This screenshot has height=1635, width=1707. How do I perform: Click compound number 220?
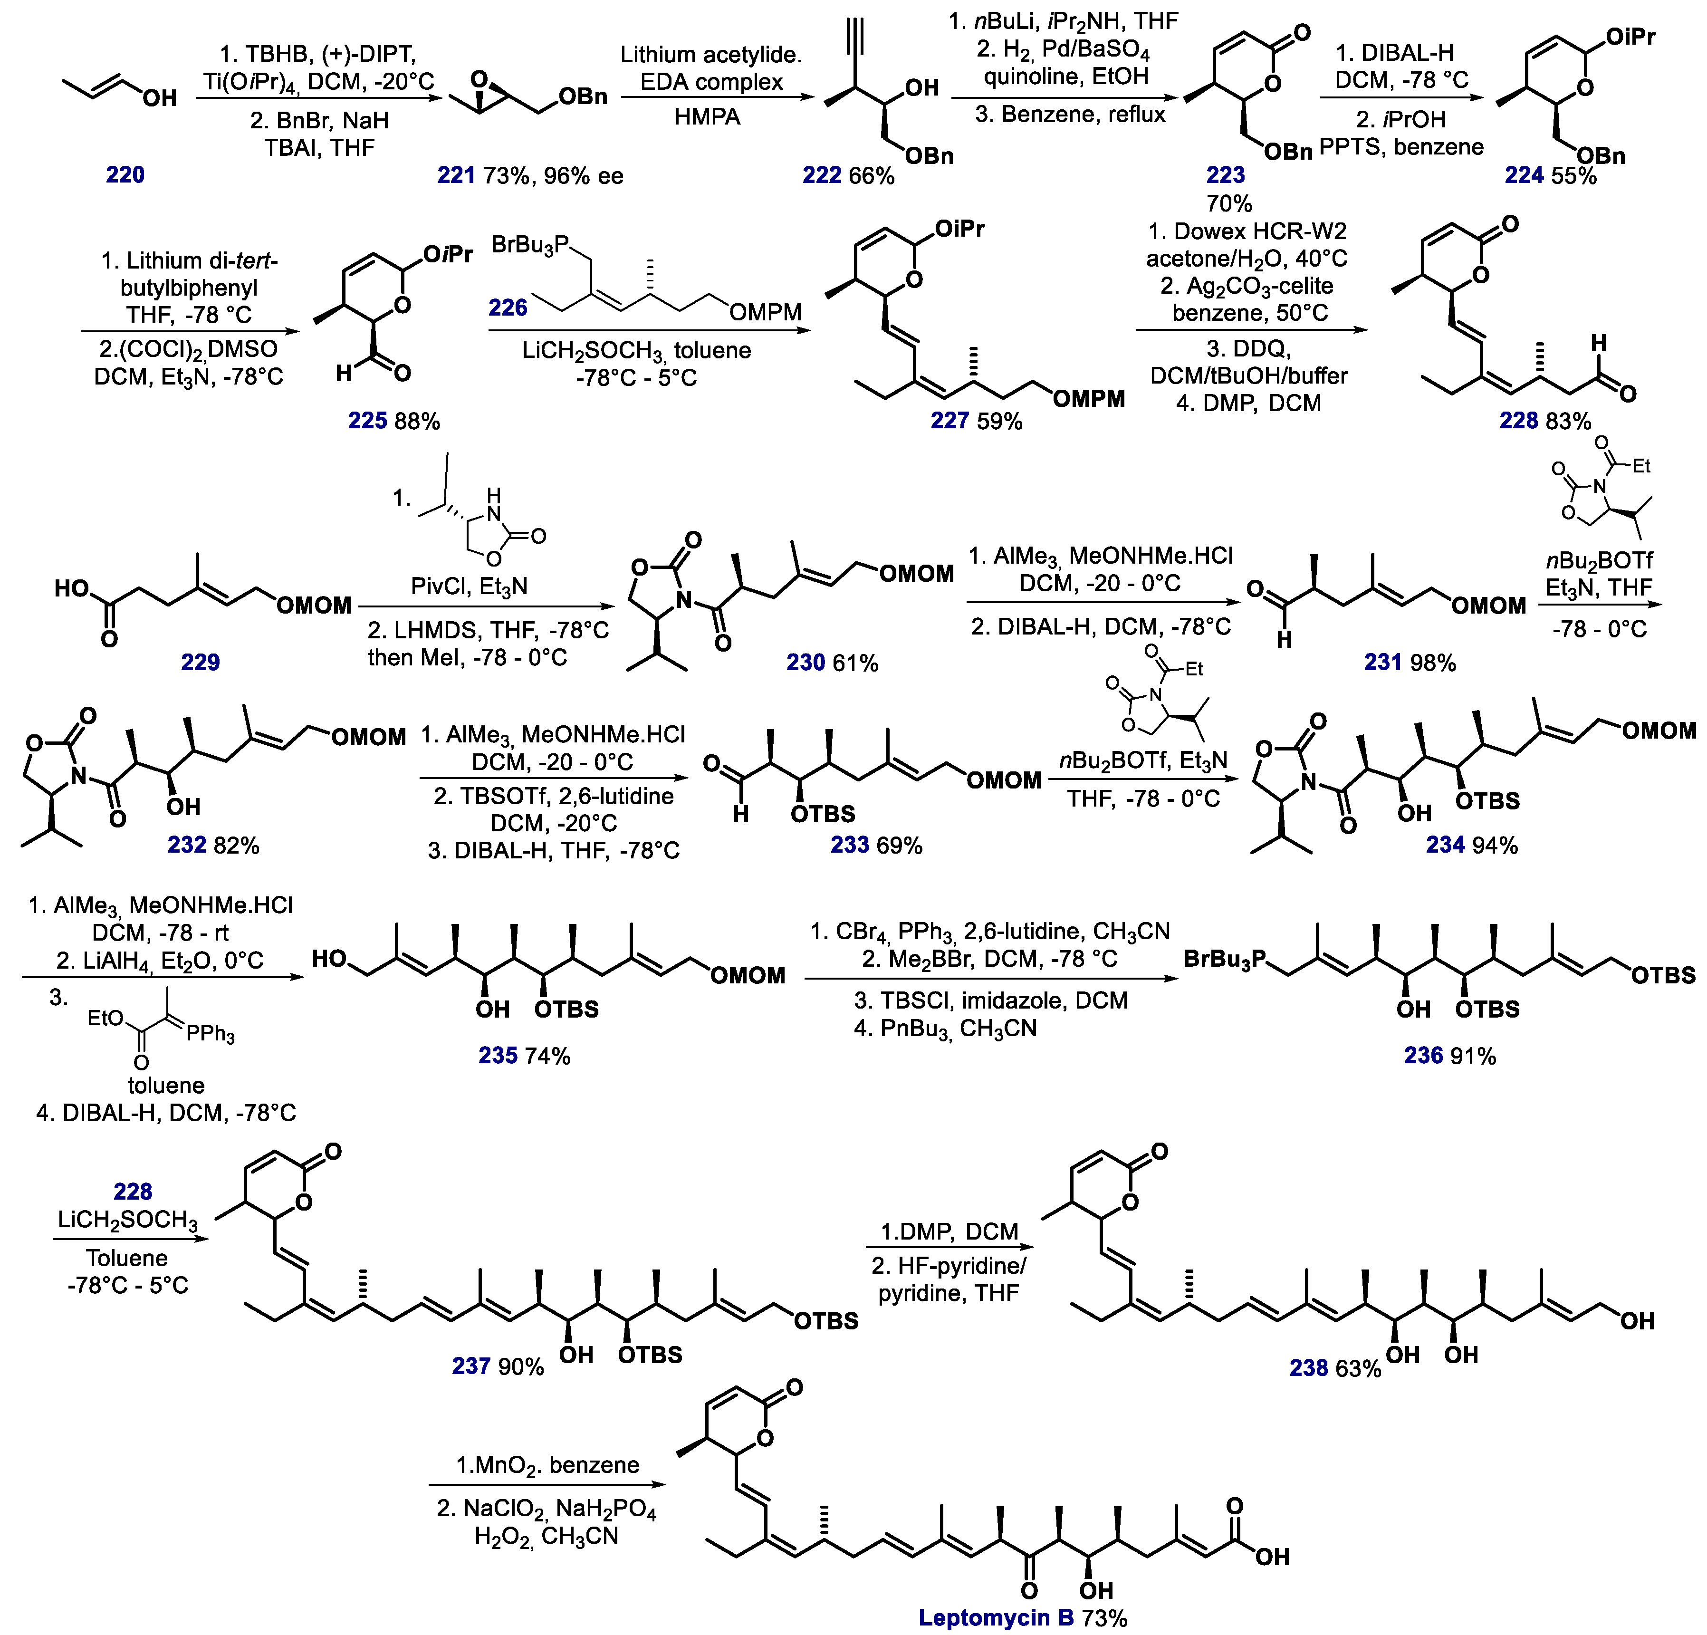coord(125,175)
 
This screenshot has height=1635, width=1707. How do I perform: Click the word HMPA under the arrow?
coord(707,117)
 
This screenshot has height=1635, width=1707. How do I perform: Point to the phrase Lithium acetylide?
coord(710,55)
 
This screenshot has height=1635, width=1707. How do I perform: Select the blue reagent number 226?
coord(508,308)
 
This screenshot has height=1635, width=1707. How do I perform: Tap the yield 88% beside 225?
coord(417,422)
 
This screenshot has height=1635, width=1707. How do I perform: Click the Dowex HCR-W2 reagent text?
coord(1247,232)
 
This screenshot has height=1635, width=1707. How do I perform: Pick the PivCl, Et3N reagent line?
coord(470,586)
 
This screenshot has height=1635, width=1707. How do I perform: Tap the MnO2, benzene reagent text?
coord(547,1465)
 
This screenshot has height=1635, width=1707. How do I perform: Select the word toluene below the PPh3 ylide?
coord(165,1086)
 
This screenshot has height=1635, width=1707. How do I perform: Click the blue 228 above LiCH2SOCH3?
coord(133,1191)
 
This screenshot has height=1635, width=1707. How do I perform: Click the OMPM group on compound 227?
coord(1089,399)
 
